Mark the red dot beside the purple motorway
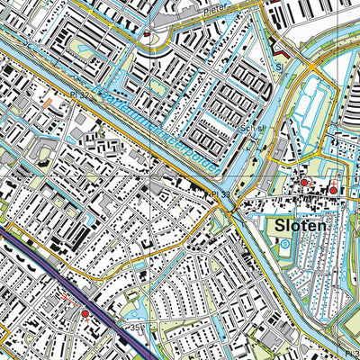(x=85, y=313)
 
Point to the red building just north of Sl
(x=278, y=51)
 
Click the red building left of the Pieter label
(x=147, y=33)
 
